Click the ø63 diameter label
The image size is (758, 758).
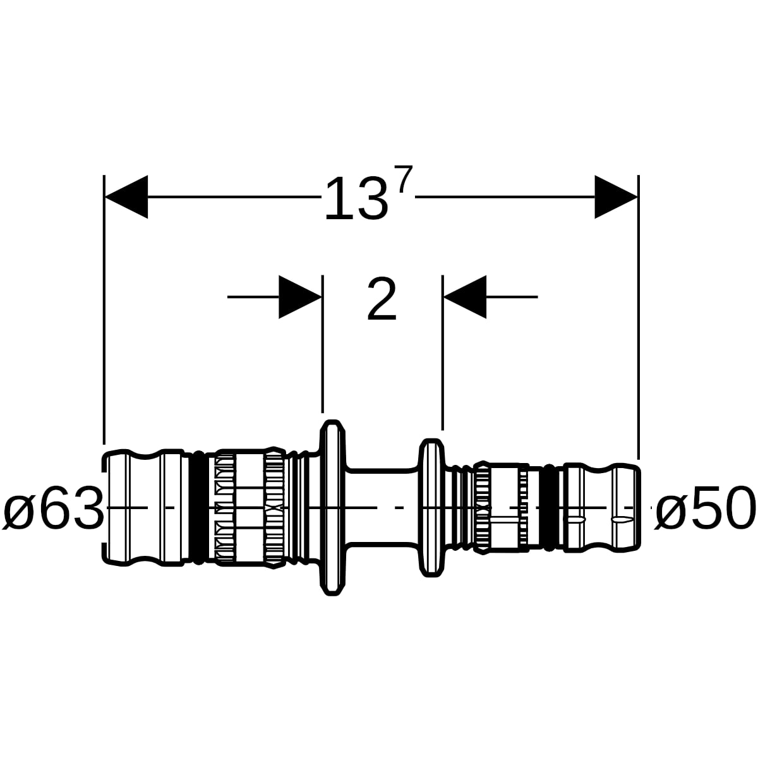pyautogui.click(x=54, y=507)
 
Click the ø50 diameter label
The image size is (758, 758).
pyautogui.click(x=706, y=507)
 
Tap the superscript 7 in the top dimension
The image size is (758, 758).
pyautogui.click(x=405, y=179)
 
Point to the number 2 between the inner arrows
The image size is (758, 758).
pyautogui.click(x=382, y=298)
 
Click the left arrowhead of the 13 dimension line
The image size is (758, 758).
pyautogui.click(x=126, y=196)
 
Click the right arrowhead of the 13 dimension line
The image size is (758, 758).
pyautogui.click(x=616, y=196)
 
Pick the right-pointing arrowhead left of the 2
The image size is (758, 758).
pyautogui.click(x=300, y=297)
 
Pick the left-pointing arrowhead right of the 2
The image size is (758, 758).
pyautogui.click(x=465, y=297)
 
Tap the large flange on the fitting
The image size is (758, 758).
pyautogui.click(x=333, y=507)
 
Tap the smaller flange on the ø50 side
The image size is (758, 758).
pyautogui.click(x=431, y=507)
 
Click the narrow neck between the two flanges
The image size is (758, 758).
pyautogui.click(x=382, y=507)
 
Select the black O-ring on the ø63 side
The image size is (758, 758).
pyautogui.click(x=199, y=507)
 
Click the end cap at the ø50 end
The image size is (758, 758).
pyautogui.click(x=602, y=507)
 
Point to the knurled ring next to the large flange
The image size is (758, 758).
pyautogui.click(x=275, y=507)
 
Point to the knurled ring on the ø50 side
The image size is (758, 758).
pyautogui.click(x=482, y=507)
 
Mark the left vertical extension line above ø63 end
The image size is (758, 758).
pyautogui.click(x=104, y=309)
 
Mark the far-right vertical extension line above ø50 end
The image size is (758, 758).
pyautogui.click(x=638, y=317)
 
